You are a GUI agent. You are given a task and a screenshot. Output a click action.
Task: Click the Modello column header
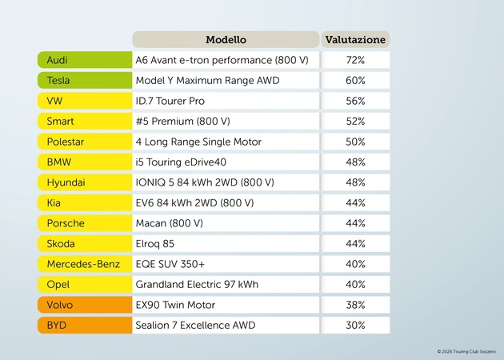tap(226, 39)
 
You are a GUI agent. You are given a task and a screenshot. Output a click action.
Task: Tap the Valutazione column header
tap(355, 39)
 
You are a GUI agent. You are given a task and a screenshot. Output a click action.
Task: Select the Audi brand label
tap(84, 60)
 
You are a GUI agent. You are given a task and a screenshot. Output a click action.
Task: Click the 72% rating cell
tap(355, 60)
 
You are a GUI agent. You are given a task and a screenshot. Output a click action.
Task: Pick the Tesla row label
tap(84, 81)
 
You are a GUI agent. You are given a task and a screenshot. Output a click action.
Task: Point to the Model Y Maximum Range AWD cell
tap(226, 81)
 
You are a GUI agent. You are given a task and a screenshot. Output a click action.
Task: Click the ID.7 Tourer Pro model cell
tap(226, 101)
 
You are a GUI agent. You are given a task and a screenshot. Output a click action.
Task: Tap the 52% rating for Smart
tap(355, 122)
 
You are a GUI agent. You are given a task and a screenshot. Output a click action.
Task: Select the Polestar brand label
tap(84, 142)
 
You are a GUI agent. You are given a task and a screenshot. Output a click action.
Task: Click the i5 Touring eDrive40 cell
tap(226, 162)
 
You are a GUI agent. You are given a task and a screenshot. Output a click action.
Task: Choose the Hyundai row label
tap(84, 182)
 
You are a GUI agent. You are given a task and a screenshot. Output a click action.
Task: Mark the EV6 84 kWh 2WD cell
tap(226, 203)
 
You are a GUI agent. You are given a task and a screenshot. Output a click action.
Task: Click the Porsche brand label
tap(84, 223)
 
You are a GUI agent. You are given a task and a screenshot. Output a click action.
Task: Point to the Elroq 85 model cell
tap(226, 244)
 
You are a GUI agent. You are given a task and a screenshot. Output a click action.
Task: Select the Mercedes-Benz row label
tap(84, 264)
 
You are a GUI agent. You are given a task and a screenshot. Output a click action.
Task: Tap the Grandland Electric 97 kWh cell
tap(226, 285)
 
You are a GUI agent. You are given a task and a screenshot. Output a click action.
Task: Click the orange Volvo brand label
tap(84, 305)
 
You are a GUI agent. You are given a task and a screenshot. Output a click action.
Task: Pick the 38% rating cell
tap(355, 305)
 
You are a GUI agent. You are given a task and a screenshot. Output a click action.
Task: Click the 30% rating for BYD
tap(355, 326)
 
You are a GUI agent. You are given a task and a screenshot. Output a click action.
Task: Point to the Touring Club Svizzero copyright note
tap(466, 351)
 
